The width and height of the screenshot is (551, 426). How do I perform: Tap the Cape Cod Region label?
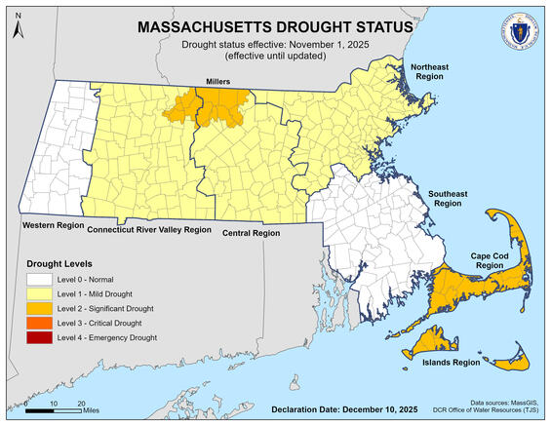[x=494, y=259]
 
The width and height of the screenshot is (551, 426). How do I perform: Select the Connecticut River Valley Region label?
[x=148, y=230]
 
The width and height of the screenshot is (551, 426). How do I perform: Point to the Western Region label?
[x=50, y=225]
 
